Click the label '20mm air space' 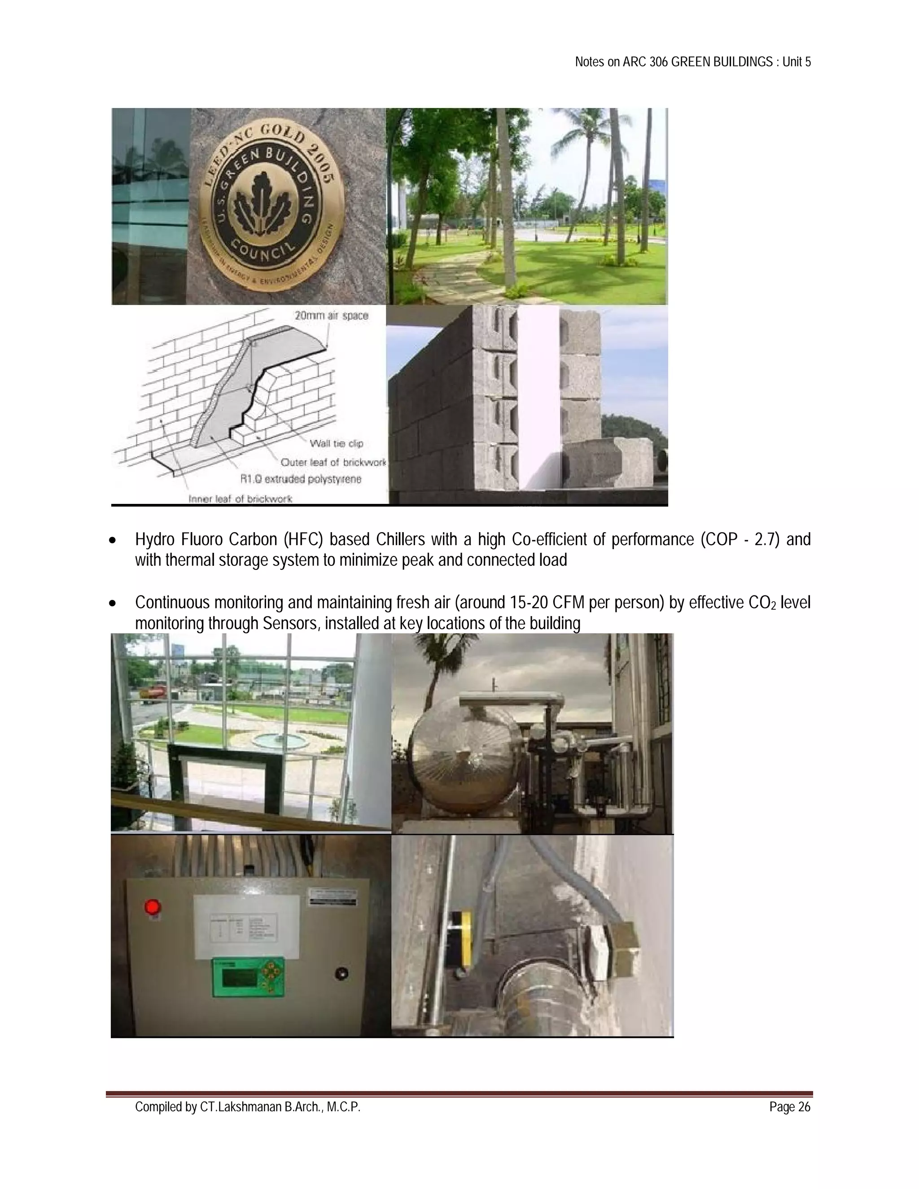[x=331, y=316]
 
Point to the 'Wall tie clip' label [x=336, y=443]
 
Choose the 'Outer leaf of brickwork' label [x=333, y=462]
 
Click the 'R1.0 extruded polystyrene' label [x=301, y=480]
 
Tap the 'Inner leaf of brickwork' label [x=240, y=498]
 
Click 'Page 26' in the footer [x=789, y=1107]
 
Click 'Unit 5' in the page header [x=796, y=62]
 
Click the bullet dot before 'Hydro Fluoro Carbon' [x=113, y=541]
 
